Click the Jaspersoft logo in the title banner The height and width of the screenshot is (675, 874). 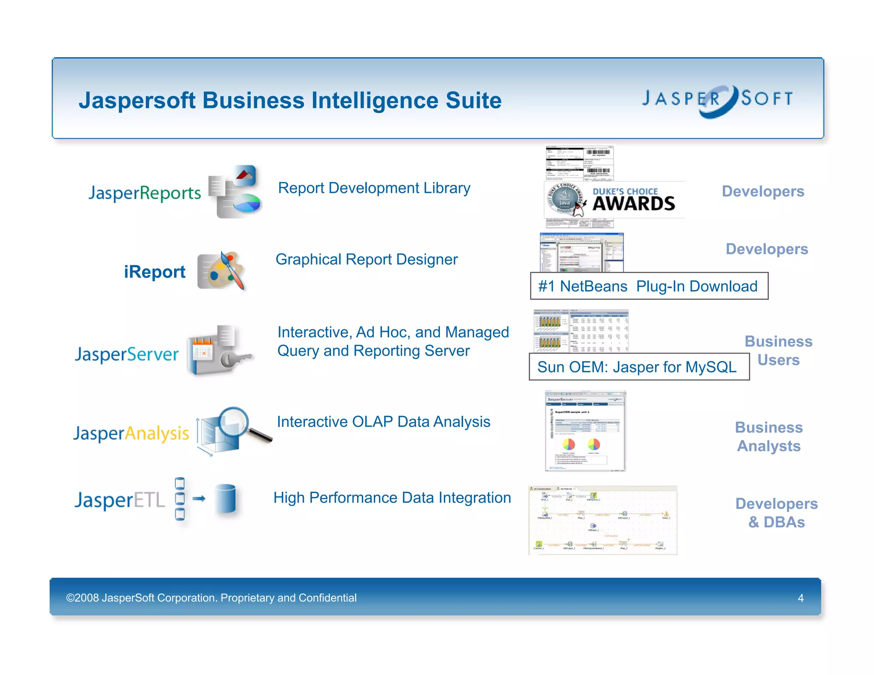tap(718, 100)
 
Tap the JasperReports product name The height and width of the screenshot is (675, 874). tap(144, 193)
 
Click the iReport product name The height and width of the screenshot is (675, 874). tap(154, 272)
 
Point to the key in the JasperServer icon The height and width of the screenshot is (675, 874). tap(237, 359)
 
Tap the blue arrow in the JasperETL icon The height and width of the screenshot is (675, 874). tap(198, 498)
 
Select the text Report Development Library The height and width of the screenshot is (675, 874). tap(374, 188)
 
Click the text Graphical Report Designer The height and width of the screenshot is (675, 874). tap(366, 259)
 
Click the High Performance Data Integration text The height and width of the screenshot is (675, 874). tap(392, 498)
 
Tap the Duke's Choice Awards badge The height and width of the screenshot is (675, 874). tap(615, 200)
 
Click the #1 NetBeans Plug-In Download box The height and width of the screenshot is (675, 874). tap(649, 286)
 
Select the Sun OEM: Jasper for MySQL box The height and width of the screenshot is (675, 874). tap(638, 367)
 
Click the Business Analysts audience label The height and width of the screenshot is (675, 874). tap(769, 436)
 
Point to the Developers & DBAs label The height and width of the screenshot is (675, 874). tap(776, 513)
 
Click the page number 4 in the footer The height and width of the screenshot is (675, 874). tap(801, 598)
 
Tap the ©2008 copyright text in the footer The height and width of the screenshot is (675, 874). tap(211, 598)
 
